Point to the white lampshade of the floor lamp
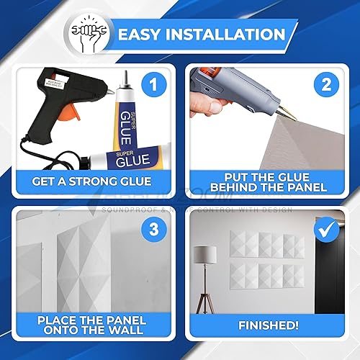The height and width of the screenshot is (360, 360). (x=207, y=256)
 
